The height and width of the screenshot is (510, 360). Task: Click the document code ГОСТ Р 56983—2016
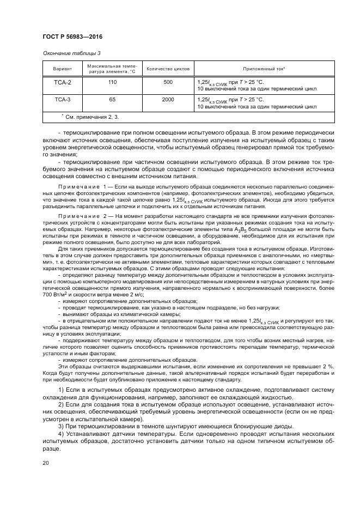(72, 37)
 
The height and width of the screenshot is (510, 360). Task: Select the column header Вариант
(62, 69)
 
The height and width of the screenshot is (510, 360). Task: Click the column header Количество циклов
(168, 69)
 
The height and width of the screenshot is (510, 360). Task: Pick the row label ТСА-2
(62, 82)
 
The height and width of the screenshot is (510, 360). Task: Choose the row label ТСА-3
(62, 100)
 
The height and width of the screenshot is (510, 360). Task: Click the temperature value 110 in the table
(112, 82)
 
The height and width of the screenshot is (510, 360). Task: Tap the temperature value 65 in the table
(112, 100)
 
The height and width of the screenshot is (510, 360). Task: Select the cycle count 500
(168, 82)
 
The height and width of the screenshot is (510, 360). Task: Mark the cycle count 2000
(168, 100)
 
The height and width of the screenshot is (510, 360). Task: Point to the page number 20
(46, 462)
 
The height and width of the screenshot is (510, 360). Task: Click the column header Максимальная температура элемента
(112, 69)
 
